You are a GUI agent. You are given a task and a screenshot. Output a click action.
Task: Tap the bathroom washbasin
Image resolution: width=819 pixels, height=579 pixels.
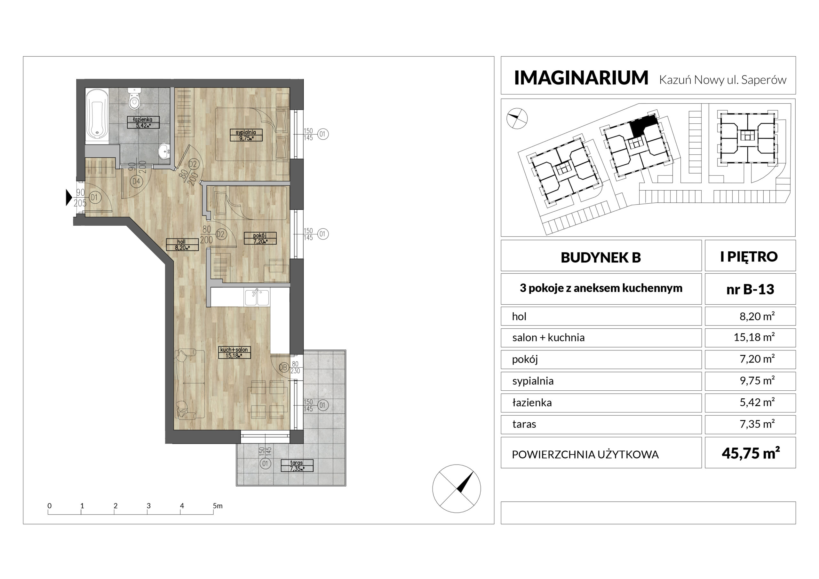[x=164, y=151]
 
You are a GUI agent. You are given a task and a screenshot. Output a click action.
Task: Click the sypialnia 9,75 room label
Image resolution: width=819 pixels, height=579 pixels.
[x=246, y=135]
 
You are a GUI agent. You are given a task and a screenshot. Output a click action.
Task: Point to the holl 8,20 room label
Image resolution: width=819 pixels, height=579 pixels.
[x=182, y=245]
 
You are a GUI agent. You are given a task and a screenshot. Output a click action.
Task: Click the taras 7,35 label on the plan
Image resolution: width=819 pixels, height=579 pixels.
[x=297, y=466]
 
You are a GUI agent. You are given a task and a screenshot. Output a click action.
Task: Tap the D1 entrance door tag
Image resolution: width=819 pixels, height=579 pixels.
[x=94, y=197]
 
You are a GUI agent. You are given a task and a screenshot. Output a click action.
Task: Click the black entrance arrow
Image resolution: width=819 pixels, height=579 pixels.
[x=69, y=197]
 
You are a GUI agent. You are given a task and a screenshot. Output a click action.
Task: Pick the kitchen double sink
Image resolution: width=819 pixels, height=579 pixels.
[x=257, y=297]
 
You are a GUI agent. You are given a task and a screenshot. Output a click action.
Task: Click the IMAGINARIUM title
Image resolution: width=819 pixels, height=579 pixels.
[x=581, y=78]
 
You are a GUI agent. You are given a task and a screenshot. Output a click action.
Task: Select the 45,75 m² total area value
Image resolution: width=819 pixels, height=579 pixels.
[x=751, y=453]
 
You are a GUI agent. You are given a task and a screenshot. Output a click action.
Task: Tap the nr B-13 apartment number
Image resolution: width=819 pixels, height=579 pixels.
[x=750, y=289]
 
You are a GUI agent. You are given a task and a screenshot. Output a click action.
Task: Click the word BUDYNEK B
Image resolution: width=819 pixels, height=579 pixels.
[x=601, y=257]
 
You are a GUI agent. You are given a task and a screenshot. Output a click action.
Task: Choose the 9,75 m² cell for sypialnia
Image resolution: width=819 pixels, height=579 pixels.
[x=757, y=380]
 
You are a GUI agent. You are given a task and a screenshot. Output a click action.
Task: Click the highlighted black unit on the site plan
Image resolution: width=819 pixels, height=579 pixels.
[x=643, y=126]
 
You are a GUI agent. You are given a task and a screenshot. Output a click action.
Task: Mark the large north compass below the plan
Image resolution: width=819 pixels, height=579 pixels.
[x=457, y=489]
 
